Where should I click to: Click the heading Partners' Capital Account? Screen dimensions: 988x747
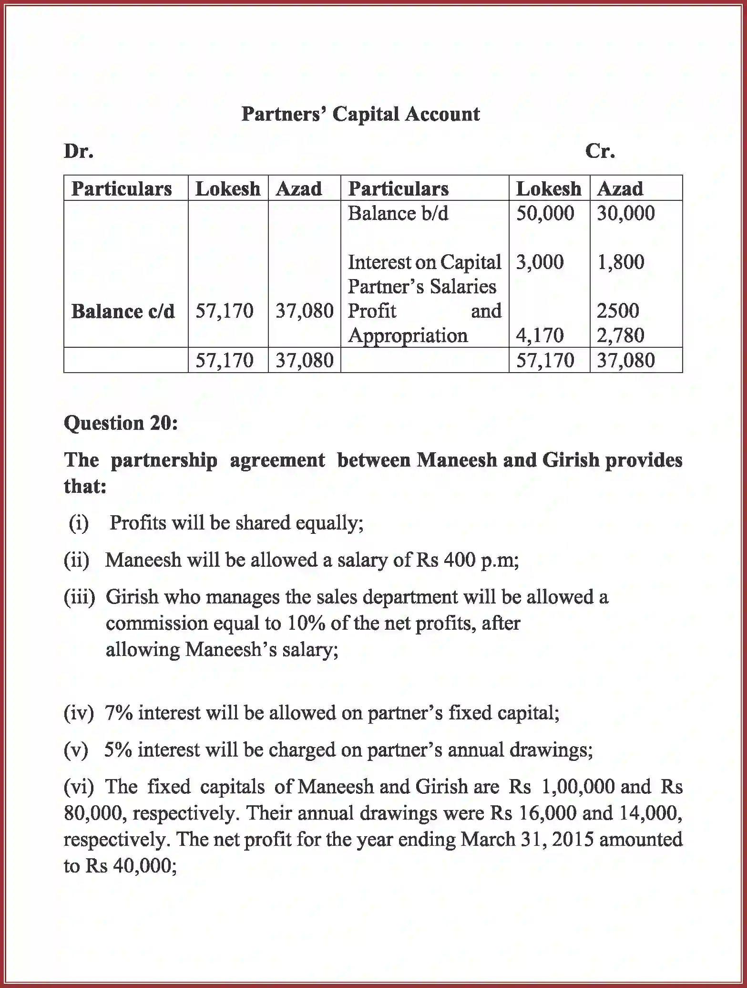(360, 114)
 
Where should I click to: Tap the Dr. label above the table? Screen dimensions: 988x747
(79, 151)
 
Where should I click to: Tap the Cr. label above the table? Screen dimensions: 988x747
(600, 151)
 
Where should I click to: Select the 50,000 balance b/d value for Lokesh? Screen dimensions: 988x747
(545, 213)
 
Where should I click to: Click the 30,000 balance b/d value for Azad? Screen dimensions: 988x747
(625, 213)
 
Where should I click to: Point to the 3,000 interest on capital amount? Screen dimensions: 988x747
(540, 262)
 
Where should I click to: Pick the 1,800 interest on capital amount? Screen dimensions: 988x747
(620, 262)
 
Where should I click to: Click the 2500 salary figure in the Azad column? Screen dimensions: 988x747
(617, 311)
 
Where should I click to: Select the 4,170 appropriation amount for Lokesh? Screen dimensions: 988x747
(540, 335)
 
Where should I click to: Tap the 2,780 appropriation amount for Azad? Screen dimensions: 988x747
(620, 335)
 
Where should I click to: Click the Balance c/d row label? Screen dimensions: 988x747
(123, 312)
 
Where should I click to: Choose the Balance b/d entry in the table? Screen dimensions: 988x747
(398, 213)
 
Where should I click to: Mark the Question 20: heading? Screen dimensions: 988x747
(121, 423)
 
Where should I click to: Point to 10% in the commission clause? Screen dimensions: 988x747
(306, 623)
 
